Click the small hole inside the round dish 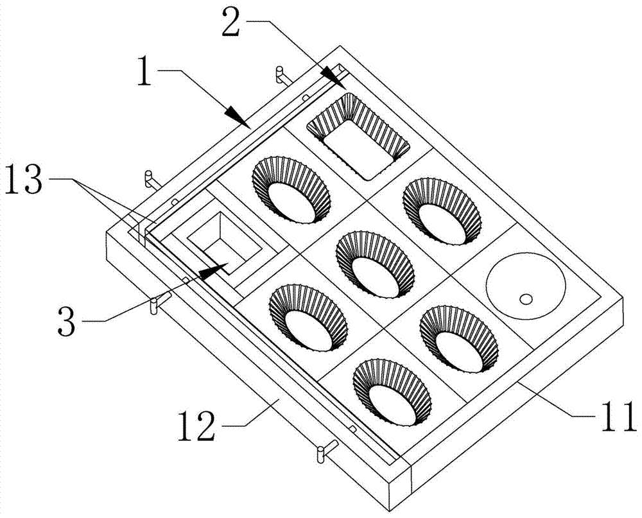526,298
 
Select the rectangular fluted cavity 359,135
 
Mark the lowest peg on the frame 322,453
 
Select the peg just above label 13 148,178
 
